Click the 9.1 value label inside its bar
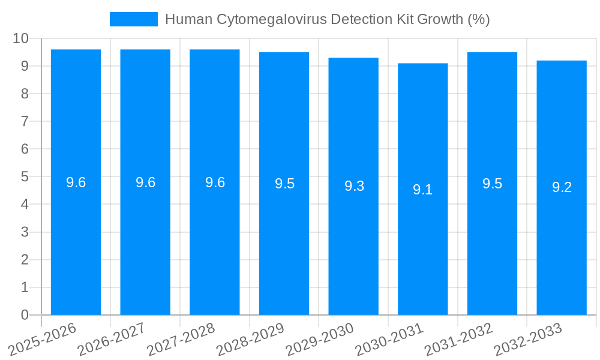tap(422, 190)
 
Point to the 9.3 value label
tap(354, 186)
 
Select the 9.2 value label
tap(562, 187)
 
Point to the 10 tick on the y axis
tap(21, 38)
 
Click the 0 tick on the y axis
tap(25, 315)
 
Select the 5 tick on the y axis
tap(25, 177)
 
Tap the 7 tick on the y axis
tap(25, 121)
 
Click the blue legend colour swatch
tap(133, 19)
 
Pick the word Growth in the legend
tap(436, 19)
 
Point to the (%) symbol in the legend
tap(479, 19)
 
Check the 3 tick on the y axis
tap(25, 232)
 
